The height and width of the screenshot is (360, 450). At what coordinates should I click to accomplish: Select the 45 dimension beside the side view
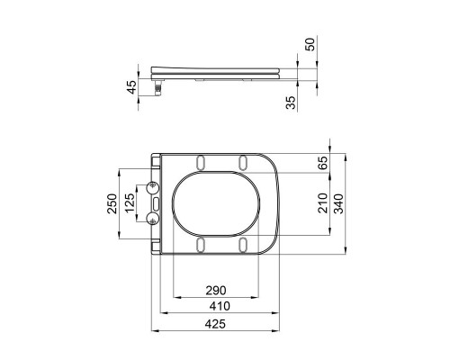(131, 86)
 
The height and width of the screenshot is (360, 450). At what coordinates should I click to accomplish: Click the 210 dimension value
(322, 206)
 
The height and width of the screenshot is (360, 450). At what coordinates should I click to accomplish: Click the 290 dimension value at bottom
(215, 290)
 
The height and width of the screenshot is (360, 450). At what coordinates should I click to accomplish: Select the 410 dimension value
(220, 306)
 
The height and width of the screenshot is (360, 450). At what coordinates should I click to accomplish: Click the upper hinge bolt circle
(151, 188)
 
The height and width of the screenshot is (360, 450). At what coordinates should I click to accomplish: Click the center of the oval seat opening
(218, 203)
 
